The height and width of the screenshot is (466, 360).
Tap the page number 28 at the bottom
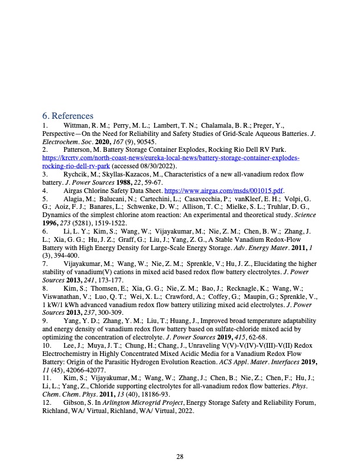click(180, 440)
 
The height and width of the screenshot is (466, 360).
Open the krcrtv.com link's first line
click(171, 158)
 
